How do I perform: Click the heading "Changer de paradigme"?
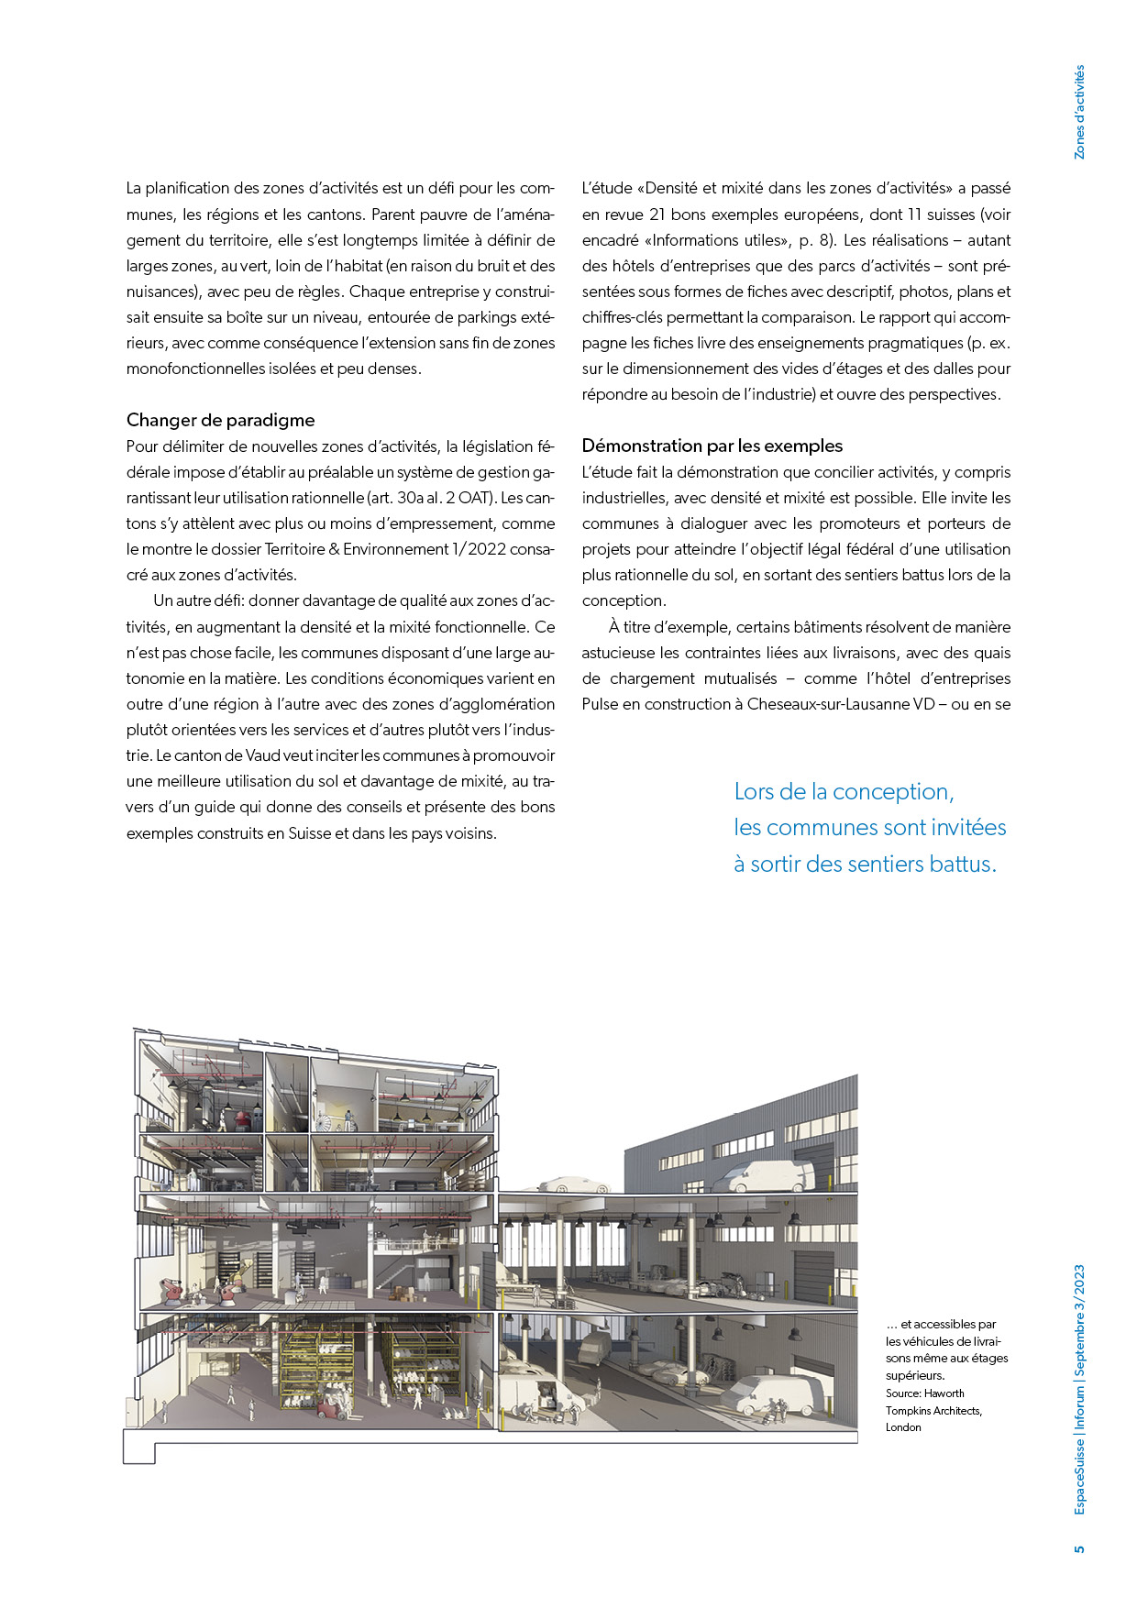[220, 421]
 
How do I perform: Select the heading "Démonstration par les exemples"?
[712, 446]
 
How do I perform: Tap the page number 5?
[1079, 1548]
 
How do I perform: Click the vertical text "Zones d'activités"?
[1079, 112]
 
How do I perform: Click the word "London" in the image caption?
[903, 1427]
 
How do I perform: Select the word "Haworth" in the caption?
[944, 1393]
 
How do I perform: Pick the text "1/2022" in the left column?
[480, 550]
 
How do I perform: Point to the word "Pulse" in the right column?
[600, 705]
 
